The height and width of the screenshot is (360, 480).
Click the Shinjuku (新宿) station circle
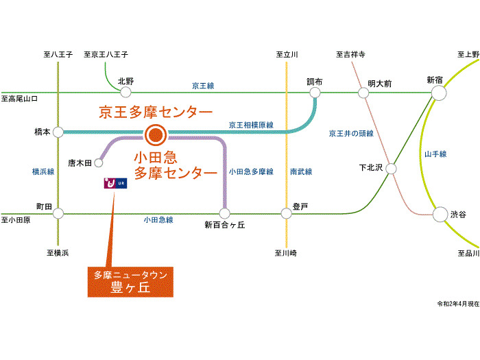[x=439, y=93]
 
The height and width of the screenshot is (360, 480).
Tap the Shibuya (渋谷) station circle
[x=440, y=214]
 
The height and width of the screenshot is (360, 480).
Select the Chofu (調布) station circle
[x=315, y=93]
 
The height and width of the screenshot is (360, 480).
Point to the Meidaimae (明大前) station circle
[x=363, y=93]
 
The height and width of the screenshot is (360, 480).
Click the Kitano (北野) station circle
[x=125, y=92]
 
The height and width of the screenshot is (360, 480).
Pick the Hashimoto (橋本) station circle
[x=58, y=132]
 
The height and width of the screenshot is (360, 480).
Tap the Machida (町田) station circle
[x=58, y=213]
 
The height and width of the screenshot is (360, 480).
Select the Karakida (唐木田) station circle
[x=99, y=163]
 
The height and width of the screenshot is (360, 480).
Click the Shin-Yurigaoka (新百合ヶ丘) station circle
[x=224, y=213]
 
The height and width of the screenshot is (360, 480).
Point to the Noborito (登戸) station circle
[x=286, y=213]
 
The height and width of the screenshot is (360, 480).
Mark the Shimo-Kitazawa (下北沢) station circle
[x=391, y=169]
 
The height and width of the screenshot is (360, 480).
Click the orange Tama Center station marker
[x=156, y=134]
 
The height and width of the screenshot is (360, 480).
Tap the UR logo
[x=115, y=183]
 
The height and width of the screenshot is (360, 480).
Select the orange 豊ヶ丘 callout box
[x=130, y=282]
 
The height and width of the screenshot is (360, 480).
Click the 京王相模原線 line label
[x=251, y=125]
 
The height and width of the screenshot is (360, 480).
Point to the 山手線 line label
[x=435, y=154]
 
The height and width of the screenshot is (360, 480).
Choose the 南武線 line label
[x=301, y=171]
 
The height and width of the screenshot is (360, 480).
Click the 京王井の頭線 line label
[x=351, y=134]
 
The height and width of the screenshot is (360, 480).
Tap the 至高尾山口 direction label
[x=19, y=99]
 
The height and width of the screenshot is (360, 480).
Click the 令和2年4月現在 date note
[x=458, y=304]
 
